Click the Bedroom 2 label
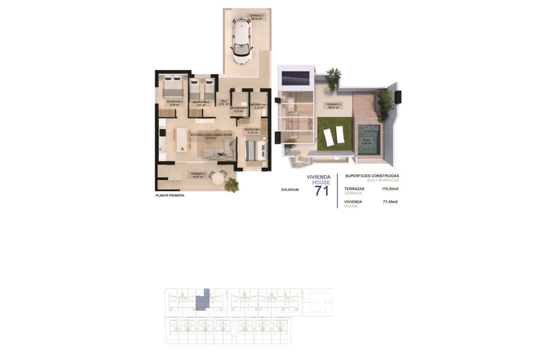[x=201, y=103]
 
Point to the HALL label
[x=223, y=102]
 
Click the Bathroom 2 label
[x=239, y=109]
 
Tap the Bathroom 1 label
[x=258, y=105]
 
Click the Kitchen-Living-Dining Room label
[x=211, y=136]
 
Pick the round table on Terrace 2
[x=219, y=177]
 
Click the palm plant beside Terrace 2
[x=232, y=185]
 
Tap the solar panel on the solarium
[x=295, y=78]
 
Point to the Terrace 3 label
[x=334, y=106]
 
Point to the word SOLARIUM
[x=290, y=189]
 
